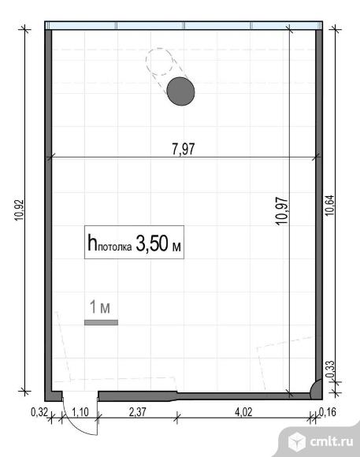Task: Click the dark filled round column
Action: click(180, 91)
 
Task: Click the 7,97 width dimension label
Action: click(183, 149)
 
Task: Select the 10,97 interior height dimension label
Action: click(282, 210)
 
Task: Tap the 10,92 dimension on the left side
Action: click(19, 210)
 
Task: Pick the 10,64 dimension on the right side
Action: click(330, 205)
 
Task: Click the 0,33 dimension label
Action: click(330, 370)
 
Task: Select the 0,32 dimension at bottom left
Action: click(39, 412)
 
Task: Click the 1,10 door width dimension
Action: click(80, 412)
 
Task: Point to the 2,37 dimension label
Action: click(137, 412)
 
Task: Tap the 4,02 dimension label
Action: click(243, 412)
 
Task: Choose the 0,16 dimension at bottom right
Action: click(328, 412)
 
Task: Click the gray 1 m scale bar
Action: click(101, 322)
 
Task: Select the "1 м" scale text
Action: click(100, 307)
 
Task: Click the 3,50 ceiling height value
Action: click(152, 243)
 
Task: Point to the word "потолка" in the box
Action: click(115, 247)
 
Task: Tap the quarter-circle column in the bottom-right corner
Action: click(316, 388)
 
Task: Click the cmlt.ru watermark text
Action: click(332, 441)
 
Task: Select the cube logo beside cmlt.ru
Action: click(297, 441)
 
